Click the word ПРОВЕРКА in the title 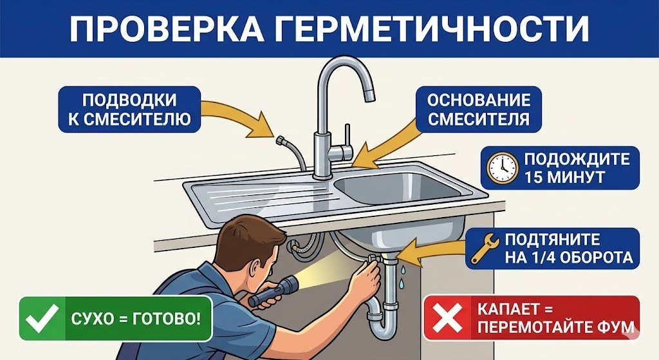(x=181, y=29)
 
